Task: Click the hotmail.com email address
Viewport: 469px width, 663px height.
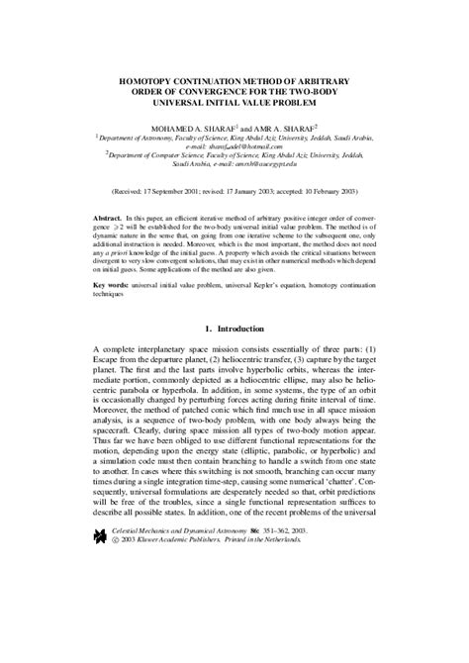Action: [x=266, y=147]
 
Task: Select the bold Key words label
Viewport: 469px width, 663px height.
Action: [x=114, y=290]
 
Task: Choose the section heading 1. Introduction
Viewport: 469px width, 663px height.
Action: [x=234, y=355]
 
